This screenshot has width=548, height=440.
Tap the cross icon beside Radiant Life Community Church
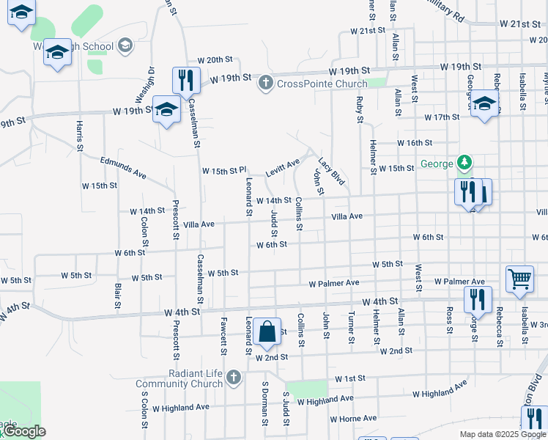coord(234,378)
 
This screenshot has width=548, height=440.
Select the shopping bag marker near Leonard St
coord(267,332)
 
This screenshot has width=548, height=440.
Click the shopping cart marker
coord(519,279)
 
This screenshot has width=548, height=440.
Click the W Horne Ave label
coord(353,419)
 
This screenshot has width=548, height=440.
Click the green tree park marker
coord(463,161)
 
